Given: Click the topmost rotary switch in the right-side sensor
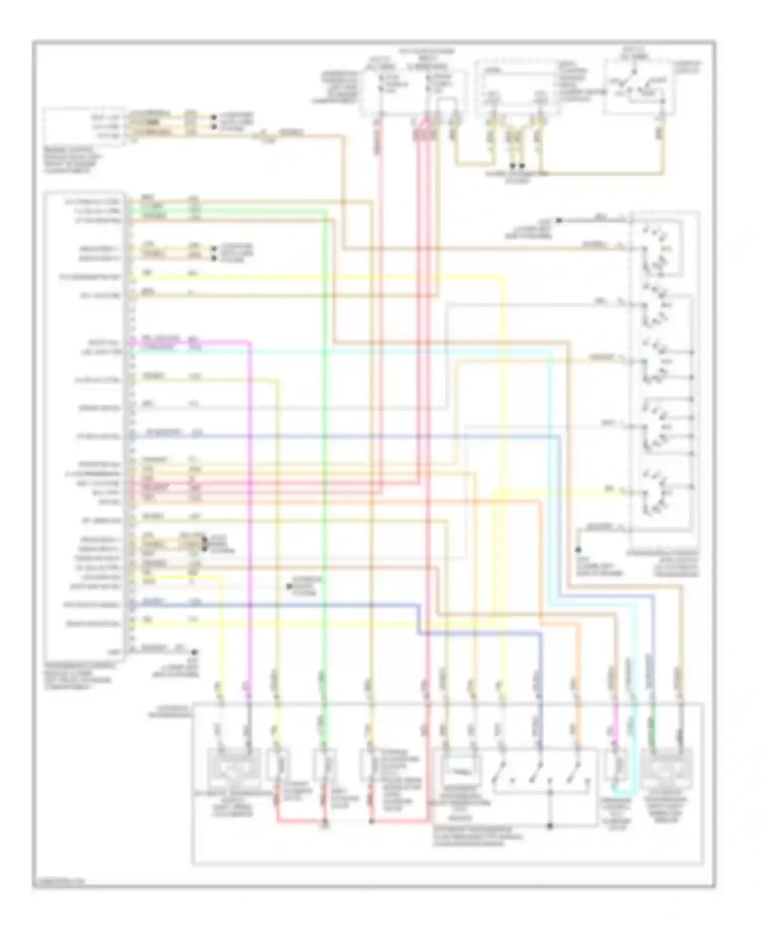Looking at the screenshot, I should pyautogui.click(x=655, y=249).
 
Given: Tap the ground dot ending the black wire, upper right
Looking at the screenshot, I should pyautogui.click(x=558, y=220).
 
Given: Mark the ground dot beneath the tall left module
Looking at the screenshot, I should pyautogui.click(x=194, y=652).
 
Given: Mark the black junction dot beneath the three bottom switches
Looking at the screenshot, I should pyautogui.click(x=550, y=826).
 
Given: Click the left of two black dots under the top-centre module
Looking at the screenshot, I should pyautogui.click(x=513, y=166).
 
